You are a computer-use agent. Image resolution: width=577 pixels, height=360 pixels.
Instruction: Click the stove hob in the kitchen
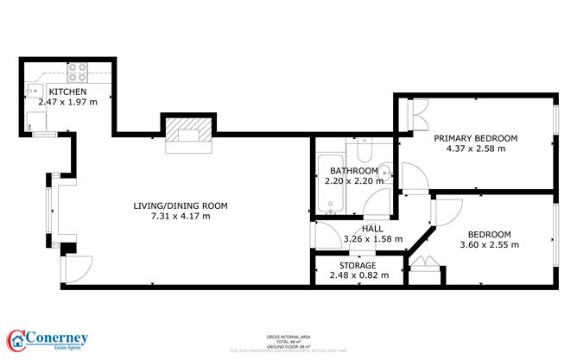coord(77,72)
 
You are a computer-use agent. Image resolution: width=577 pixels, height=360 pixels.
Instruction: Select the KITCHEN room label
coord(67,92)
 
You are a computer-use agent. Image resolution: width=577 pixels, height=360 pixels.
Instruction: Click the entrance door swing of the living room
coord(73,268)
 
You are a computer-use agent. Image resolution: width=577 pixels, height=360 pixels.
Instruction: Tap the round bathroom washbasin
coord(386,169)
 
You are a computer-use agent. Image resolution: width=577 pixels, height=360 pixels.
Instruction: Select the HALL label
coord(373,228)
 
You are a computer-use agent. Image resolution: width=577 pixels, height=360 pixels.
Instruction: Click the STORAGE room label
coord(358,265)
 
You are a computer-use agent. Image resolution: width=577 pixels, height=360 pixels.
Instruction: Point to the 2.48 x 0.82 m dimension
coord(358,275)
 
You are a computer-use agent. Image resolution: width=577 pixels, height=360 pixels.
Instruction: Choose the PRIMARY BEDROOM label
coord(475,138)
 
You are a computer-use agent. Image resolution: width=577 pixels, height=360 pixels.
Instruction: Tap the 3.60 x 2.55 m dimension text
coord(490,245)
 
